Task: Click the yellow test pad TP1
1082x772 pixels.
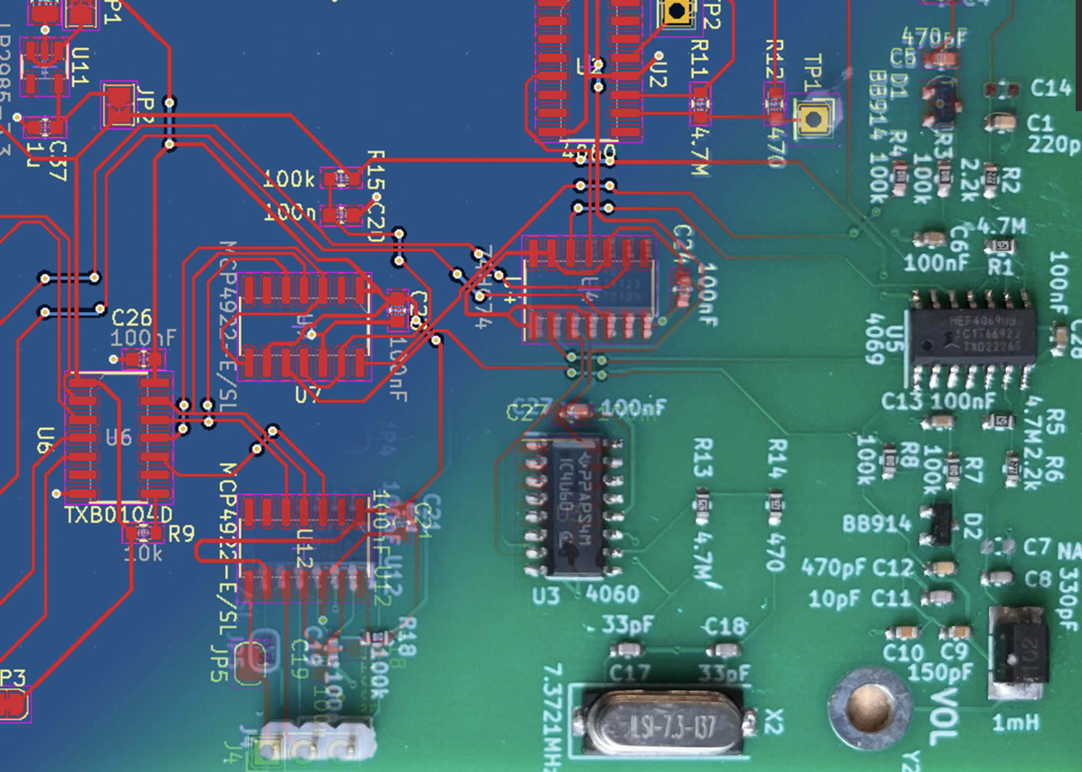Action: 813,119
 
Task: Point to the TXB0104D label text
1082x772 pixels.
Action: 118,515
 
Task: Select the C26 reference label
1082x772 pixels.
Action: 131,318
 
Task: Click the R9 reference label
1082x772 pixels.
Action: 182,534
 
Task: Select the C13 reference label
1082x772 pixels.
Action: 901,402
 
